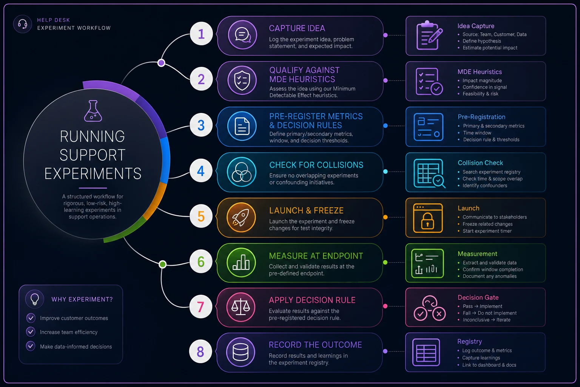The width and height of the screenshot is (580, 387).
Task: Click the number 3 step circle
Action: click(201, 125)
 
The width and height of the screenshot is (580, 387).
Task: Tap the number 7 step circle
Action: click(201, 307)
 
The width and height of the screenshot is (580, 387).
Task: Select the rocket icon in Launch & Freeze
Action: click(241, 217)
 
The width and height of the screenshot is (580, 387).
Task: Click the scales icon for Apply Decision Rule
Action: click(241, 307)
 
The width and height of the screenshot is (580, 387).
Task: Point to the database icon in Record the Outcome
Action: click(241, 352)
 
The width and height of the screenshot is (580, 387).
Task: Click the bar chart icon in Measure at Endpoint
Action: click(241, 262)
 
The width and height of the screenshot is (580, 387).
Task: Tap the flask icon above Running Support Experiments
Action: click(93, 111)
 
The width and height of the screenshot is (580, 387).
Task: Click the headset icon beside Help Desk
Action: click(23, 24)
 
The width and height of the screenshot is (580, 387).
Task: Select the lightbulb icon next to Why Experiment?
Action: click(35, 299)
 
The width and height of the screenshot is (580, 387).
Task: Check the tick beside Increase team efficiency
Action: click(31, 331)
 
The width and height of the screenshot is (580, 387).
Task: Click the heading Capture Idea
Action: click(297, 28)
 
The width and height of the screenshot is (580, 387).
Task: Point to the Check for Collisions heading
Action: click(316, 165)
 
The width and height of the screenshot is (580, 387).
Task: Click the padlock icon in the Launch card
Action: click(428, 221)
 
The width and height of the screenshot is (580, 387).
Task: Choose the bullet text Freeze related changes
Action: click(487, 224)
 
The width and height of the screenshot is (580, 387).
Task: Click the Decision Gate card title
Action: click(478, 297)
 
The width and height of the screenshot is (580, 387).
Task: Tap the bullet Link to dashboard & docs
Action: click(489, 365)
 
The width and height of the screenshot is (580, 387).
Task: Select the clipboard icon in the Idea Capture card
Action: click(429, 35)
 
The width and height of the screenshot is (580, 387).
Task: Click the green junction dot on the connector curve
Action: click(163, 264)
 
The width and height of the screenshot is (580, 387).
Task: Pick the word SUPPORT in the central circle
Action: click(93, 155)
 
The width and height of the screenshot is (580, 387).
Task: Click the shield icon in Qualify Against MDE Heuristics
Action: click(242, 80)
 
